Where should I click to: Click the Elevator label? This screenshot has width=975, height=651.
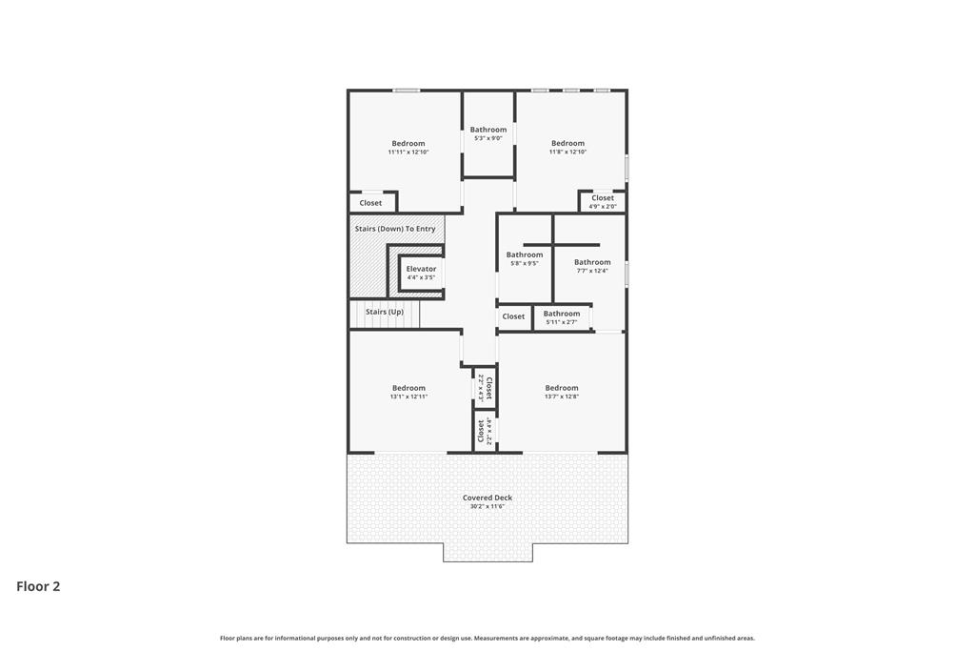[421, 269]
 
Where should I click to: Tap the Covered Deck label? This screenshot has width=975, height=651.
[487, 498]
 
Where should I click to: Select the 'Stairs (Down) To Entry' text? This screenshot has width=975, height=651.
[395, 229]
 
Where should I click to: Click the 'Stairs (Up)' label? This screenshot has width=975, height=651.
[385, 312]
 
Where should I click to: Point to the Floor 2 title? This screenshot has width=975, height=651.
[38, 586]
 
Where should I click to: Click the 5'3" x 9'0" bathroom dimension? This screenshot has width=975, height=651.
[488, 138]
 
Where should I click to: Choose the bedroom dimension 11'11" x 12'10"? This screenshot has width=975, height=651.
[408, 152]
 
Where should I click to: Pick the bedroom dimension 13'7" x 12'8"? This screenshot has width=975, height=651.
[562, 397]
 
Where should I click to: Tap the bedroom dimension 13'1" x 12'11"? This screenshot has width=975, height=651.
[408, 397]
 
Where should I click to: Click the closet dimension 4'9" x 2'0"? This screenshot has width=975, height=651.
[603, 207]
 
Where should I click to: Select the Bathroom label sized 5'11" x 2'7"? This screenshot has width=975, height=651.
[562, 314]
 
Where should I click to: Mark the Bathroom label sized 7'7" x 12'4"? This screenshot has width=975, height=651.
[592, 263]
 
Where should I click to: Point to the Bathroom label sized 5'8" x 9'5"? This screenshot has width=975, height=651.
[525, 254]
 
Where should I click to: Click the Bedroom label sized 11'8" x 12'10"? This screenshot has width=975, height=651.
[567, 143]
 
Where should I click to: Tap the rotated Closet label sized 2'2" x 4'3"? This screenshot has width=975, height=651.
[489, 388]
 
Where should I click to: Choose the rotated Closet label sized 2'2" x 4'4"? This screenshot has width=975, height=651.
[481, 432]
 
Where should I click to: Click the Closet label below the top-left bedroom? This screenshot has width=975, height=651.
[370, 203]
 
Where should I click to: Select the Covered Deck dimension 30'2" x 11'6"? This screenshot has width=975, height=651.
[487, 507]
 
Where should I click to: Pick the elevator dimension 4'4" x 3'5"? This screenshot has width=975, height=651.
[421, 277]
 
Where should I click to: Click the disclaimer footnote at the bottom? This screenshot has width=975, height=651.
[487, 638]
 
